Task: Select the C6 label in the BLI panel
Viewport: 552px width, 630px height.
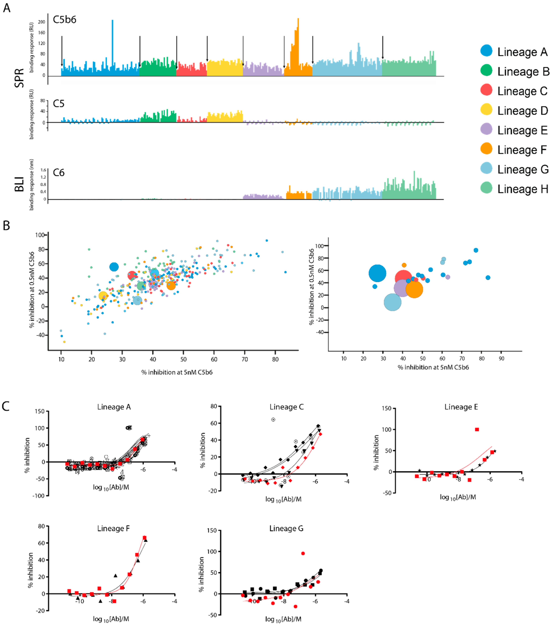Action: coord(58,173)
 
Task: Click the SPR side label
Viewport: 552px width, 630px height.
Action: coord(19,78)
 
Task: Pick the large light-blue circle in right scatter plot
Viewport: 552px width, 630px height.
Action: coord(392,302)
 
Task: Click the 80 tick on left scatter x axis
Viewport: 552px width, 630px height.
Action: coord(275,359)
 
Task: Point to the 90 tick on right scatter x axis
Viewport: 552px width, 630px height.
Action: coord(501,358)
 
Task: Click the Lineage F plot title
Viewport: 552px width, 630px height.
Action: coord(113,529)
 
